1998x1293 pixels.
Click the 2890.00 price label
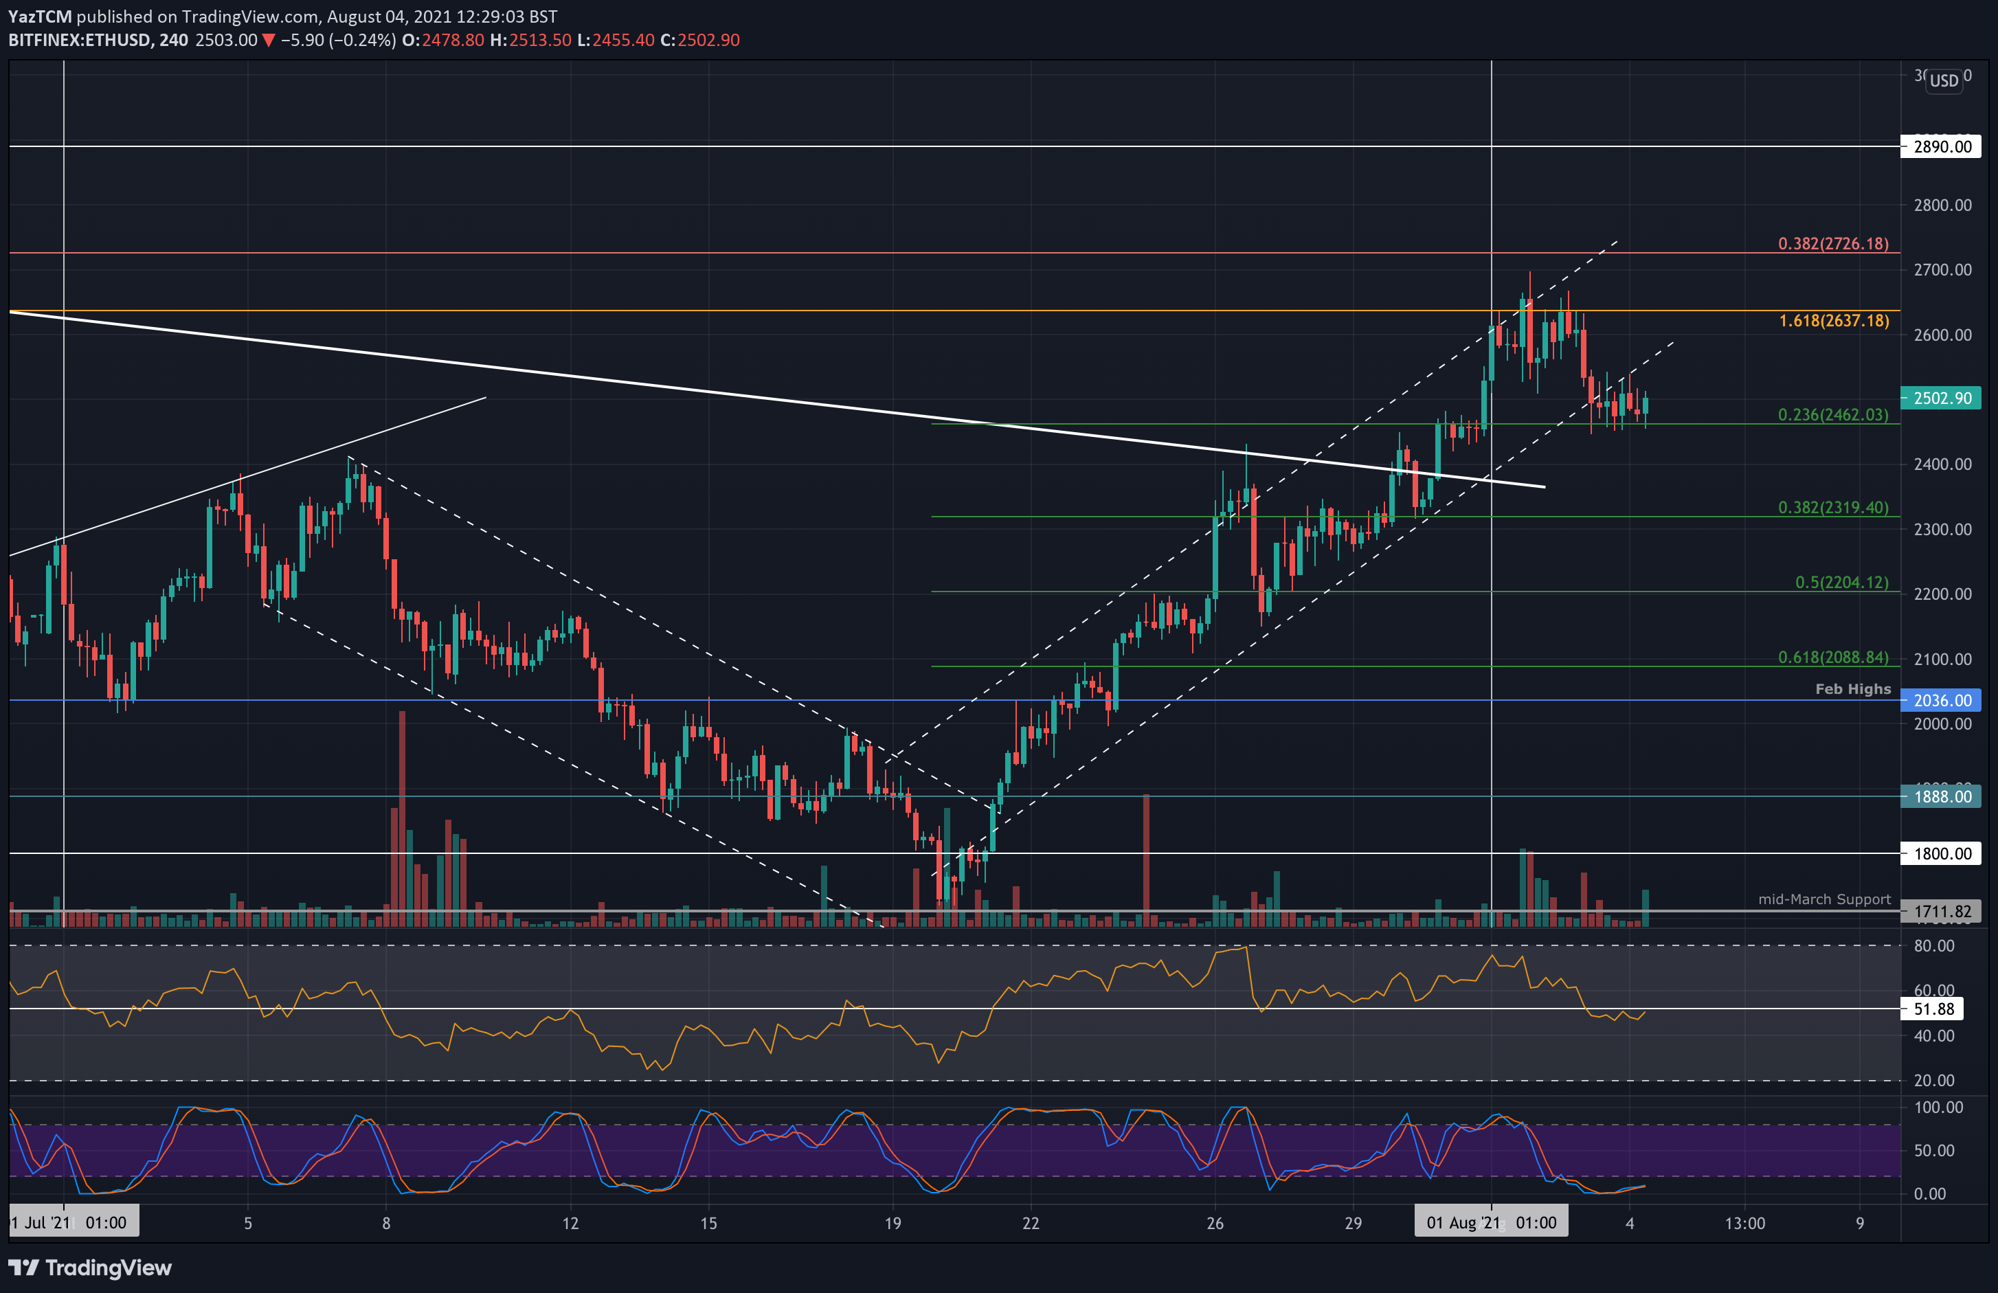click(x=1941, y=147)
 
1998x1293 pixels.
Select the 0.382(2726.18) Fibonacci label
click(x=1832, y=243)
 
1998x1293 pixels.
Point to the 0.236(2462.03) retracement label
click(x=1832, y=415)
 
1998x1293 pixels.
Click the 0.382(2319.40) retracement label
click(x=1832, y=507)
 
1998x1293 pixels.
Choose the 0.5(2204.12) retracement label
click(x=1841, y=582)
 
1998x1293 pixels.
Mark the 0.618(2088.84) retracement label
click(x=1832, y=657)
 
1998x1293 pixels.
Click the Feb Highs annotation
click(x=1853, y=689)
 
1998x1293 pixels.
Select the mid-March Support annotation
click(x=1824, y=899)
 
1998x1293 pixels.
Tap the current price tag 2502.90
click(x=1941, y=398)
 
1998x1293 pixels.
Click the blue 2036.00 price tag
click(x=1941, y=700)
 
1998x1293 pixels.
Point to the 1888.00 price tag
click(x=1941, y=796)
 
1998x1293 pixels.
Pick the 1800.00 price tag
click(x=1941, y=854)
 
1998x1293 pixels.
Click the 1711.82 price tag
click(x=1941, y=911)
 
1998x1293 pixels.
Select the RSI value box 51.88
click(x=1933, y=1009)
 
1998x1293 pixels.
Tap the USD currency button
click(x=1944, y=80)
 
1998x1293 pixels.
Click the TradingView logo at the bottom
click(x=90, y=1268)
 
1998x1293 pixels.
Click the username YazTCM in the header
click(x=39, y=16)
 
